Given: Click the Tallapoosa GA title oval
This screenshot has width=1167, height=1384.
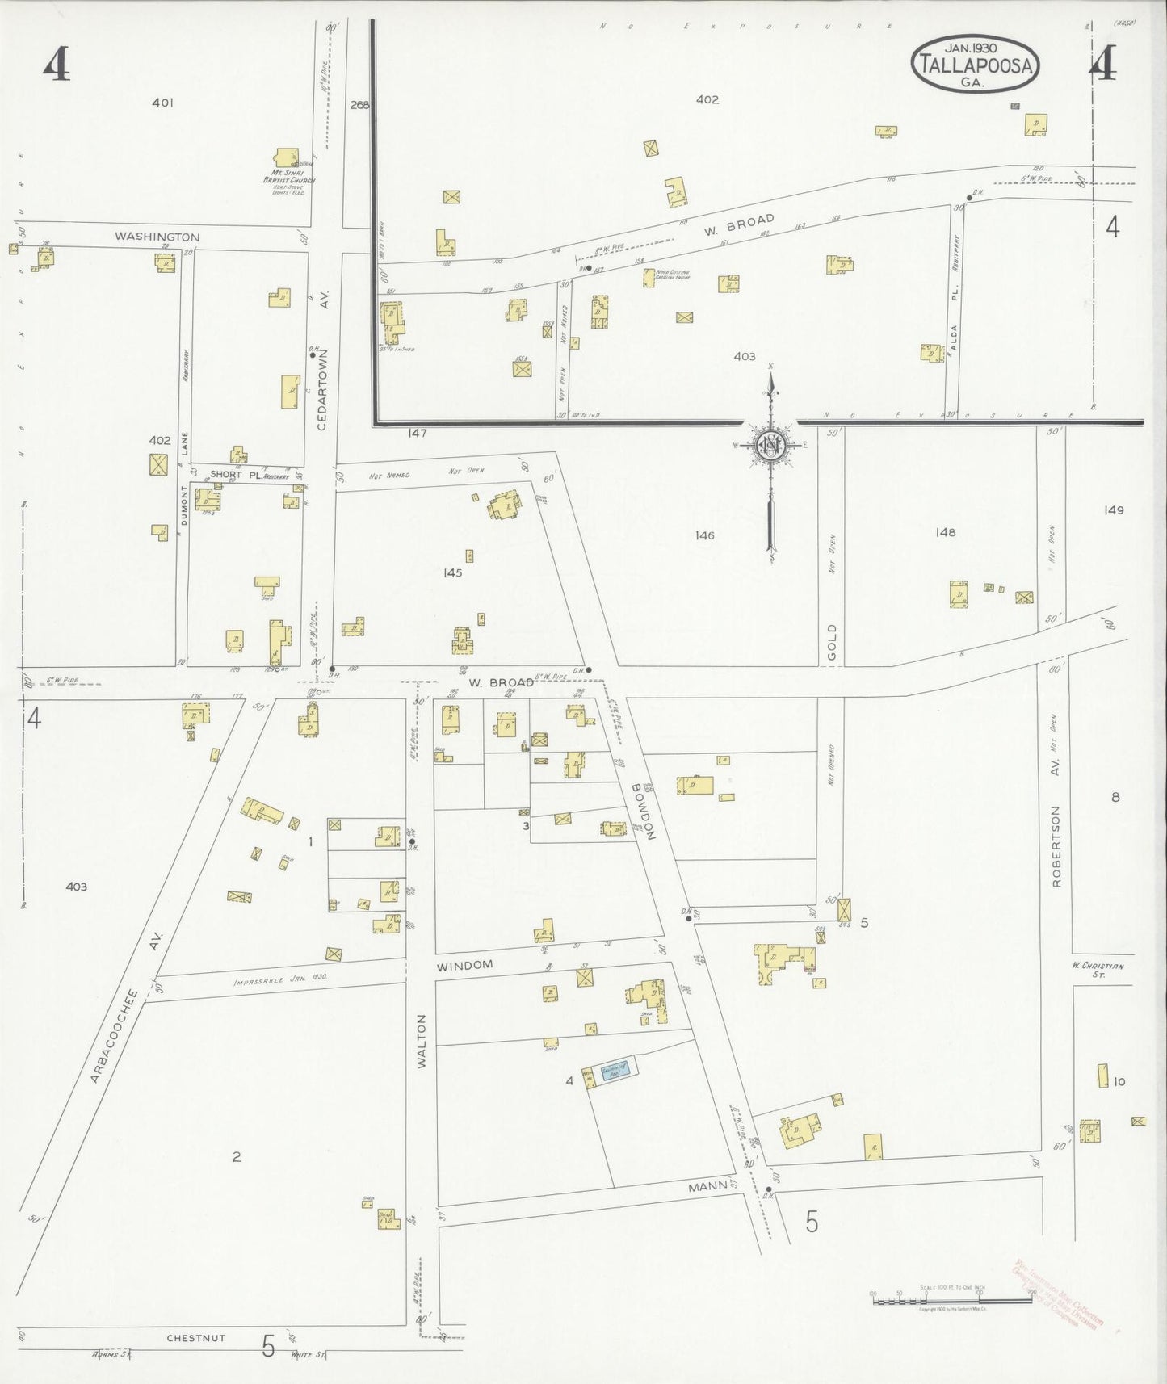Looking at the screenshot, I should (976, 63).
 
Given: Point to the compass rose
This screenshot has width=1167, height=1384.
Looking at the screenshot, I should (770, 446).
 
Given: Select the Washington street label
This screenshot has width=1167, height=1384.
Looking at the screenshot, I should (157, 237).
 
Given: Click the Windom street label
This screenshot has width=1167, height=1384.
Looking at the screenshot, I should (464, 966).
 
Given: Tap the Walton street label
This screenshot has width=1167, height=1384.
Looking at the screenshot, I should (421, 1042).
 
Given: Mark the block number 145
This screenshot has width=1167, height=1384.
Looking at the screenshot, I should (452, 572).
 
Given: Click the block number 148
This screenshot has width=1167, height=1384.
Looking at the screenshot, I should (944, 532).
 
